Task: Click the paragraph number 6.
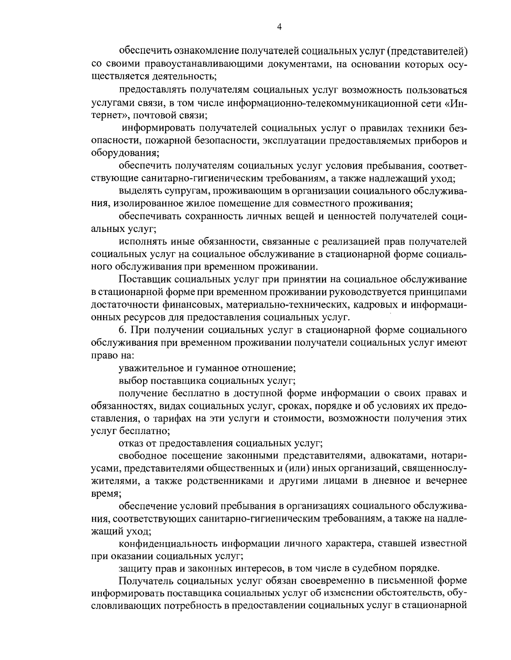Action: [121, 330]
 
